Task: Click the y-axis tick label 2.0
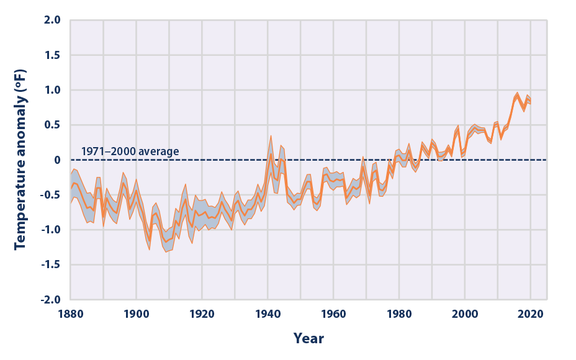click(52, 20)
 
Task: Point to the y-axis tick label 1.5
click(52, 55)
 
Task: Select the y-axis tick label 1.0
click(52, 90)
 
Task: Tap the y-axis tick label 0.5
click(52, 125)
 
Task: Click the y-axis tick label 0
click(56, 160)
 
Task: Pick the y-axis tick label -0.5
click(50, 195)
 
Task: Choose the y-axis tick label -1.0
click(50, 230)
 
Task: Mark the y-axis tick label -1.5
click(50, 264)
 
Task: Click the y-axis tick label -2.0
click(50, 299)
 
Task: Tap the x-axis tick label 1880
click(70, 315)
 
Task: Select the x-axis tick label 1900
click(136, 315)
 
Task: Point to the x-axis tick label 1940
click(268, 315)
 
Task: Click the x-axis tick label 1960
click(333, 315)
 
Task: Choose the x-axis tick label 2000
click(465, 315)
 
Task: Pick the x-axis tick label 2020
click(531, 315)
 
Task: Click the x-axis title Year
click(308, 339)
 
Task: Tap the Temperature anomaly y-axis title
click(20, 160)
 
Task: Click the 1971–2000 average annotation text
click(130, 151)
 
